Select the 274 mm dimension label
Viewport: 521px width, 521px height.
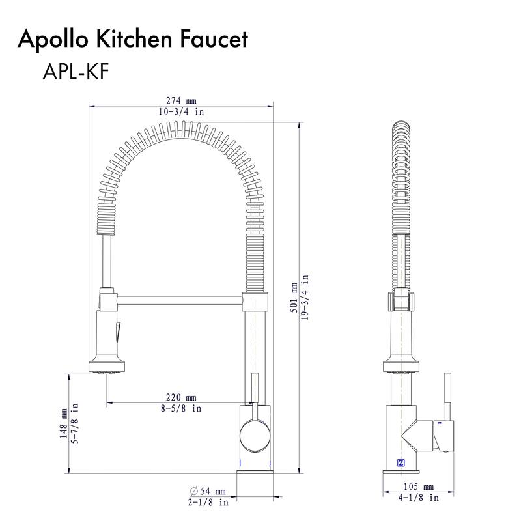click(x=181, y=101)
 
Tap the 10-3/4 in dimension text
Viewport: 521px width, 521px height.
click(x=181, y=112)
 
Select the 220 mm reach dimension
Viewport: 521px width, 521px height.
click(x=182, y=397)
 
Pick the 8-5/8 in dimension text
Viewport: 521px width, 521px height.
click(x=182, y=408)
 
